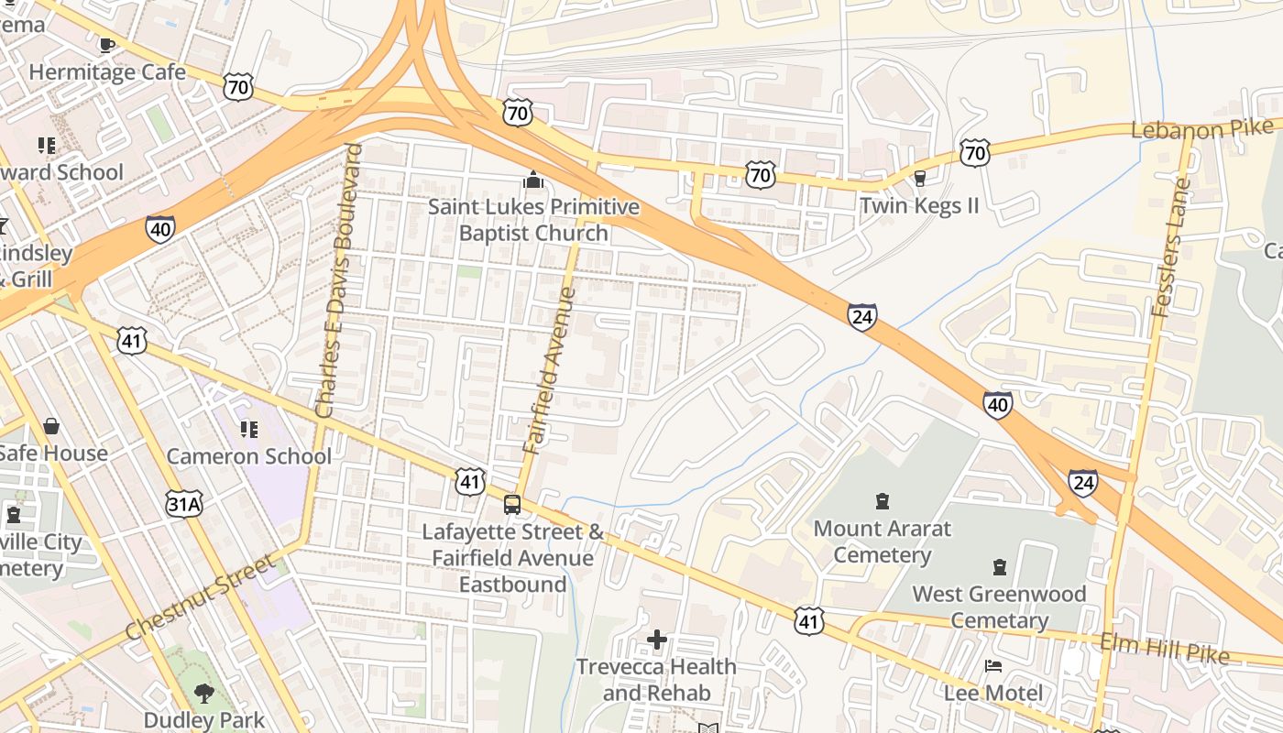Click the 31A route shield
pos(184,502)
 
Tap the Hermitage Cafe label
pos(107,71)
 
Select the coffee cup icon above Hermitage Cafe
pos(107,44)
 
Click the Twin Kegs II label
pos(919,205)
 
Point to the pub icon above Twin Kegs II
pos(920,178)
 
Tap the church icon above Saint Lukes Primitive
pos(532,181)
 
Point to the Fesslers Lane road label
pos(1173,247)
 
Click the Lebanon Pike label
pos(1201,128)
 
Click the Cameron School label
pos(248,456)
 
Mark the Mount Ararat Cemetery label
pos(883,542)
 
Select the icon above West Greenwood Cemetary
pos(1000,567)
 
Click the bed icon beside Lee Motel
pos(992,666)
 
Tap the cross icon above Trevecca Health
pos(657,639)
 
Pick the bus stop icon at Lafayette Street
pos(512,504)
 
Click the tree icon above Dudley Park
pos(204,694)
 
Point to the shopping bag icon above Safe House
pos(51,426)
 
